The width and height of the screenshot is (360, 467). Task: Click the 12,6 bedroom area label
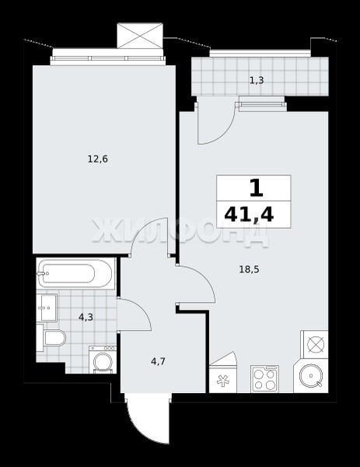point(98,160)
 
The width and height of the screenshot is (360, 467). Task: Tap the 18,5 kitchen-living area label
point(250,269)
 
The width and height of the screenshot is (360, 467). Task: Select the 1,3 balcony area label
point(257,80)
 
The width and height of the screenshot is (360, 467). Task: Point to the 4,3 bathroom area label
point(86,318)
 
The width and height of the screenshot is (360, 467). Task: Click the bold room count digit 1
point(257,188)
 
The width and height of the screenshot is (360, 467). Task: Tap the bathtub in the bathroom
point(75,273)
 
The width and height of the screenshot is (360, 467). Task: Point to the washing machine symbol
point(103,360)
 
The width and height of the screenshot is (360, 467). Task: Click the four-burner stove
point(265,378)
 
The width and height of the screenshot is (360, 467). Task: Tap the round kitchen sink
point(311,376)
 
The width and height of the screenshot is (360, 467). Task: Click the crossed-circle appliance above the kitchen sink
point(315,344)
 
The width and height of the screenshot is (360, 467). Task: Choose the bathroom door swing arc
point(142,311)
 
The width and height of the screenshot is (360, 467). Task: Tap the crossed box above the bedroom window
point(140,36)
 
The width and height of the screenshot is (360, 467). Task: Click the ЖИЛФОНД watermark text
point(180,232)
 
